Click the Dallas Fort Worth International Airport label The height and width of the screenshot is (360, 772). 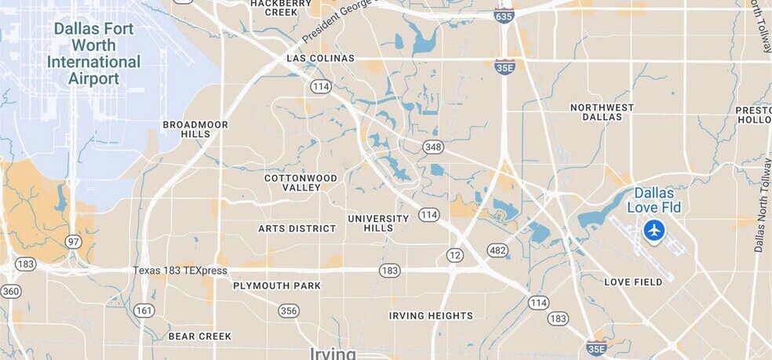point(93,54)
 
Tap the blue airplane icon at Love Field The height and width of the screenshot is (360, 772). point(654,231)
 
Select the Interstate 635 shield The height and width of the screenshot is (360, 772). point(504,15)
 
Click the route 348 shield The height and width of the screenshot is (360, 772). point(432,147)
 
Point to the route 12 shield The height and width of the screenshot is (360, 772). point(455,255)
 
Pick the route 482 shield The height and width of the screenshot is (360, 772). point(497,251)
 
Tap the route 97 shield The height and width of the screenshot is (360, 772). point(74,242)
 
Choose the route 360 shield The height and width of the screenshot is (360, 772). point(11,291)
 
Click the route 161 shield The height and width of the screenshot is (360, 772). point(144,310)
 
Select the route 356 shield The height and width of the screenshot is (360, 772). point(289,311)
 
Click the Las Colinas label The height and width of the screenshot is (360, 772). point(320,58)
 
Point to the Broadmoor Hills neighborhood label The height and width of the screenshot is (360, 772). point(195,129)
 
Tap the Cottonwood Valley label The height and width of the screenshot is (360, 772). point(300,183)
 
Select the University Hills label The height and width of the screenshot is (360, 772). point(378,223)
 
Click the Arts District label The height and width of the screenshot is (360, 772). point(297,229)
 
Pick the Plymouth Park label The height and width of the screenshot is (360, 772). point(277,285)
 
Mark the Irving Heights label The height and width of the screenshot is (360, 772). point(431,316)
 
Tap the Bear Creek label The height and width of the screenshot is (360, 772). point(200,336)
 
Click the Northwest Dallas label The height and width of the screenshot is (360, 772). point(602,112)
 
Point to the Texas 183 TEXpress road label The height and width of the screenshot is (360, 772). point(180,271)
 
